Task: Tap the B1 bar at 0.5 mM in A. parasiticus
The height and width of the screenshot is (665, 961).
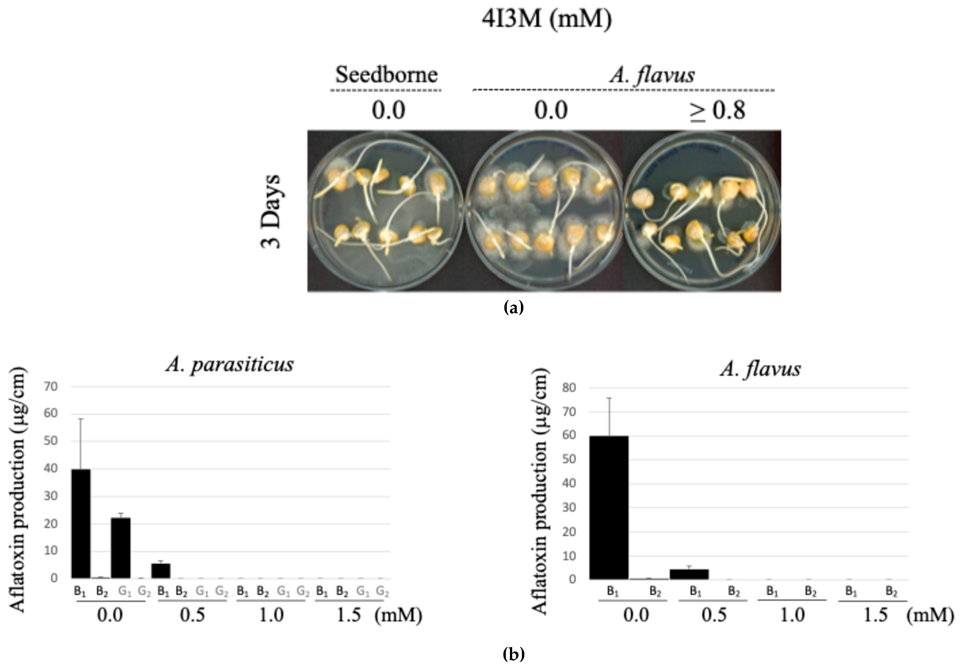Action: pos(161,571)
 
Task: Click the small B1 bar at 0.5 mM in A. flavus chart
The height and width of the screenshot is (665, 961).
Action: pos(689,574)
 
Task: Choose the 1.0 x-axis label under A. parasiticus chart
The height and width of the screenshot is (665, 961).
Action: pos(271,615)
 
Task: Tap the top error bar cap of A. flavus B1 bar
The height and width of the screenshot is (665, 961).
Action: pos(609,398)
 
